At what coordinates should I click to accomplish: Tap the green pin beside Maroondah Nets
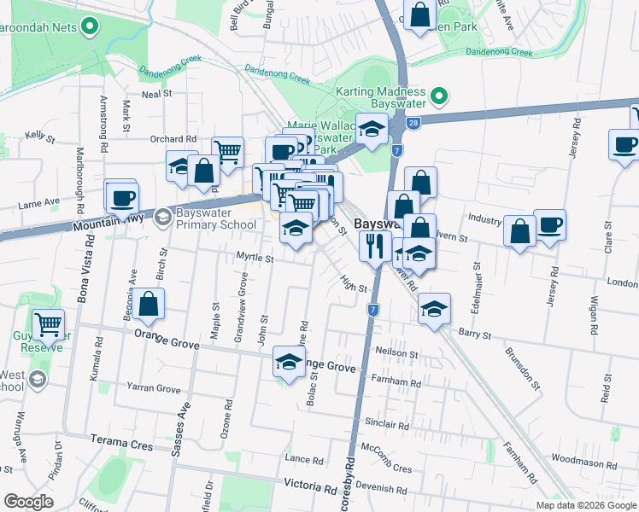(89, 26)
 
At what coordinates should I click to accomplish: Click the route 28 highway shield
(413, 125)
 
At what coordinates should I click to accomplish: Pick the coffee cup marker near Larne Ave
(122, 197)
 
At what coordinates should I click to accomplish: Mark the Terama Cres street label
(121, 445)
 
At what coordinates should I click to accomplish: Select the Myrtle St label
(255, 258)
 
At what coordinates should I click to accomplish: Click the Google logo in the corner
(28, 502)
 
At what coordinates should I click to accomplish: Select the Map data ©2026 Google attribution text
(585, 505)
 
